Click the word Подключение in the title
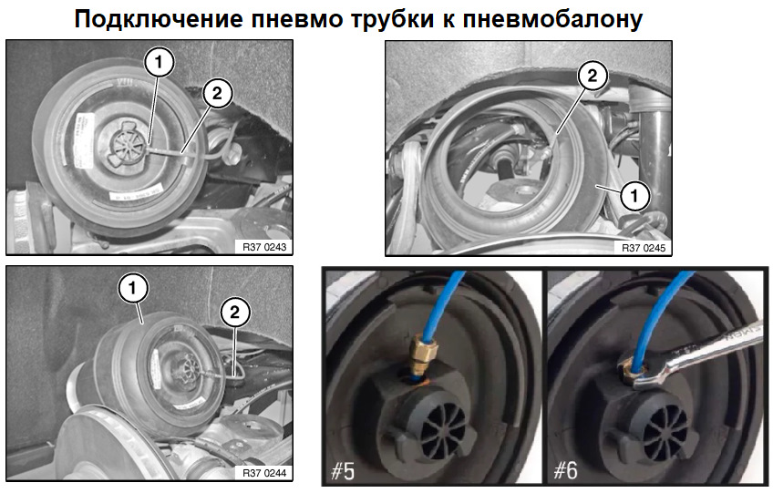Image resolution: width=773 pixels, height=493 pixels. pos(159,20)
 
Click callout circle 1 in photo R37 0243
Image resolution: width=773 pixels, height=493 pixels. pos(159,63)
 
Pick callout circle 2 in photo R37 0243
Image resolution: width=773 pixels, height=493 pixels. pos(217,93)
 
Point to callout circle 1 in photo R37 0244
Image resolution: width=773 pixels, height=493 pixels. pos(132,288)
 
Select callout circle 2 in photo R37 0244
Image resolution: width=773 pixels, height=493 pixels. pos(234,312)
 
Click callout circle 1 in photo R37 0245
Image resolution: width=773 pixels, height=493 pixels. pos(634,196)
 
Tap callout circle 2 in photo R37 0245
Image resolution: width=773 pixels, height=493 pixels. pos(593,76)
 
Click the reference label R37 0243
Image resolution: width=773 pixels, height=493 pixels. pos(264,247)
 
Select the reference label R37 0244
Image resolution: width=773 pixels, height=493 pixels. pos(264,473)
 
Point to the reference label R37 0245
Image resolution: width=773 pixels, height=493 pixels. pos(644,248)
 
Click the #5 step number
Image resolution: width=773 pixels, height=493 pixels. pos(343,470)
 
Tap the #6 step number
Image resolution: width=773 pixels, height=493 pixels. pos(565,470)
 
